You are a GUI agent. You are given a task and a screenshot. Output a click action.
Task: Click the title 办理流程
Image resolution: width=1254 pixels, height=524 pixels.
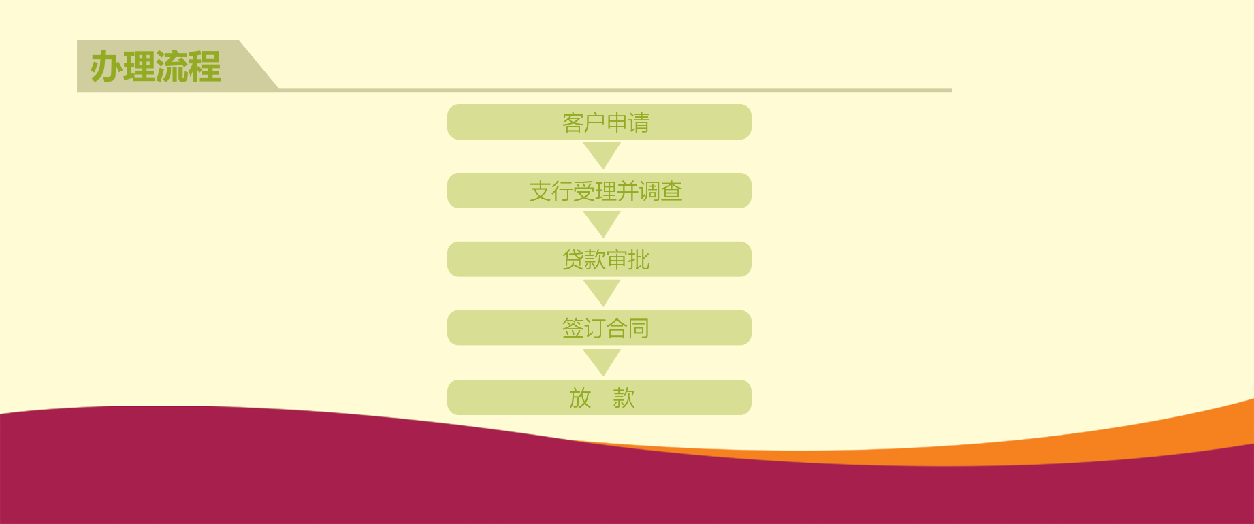coord(155,67)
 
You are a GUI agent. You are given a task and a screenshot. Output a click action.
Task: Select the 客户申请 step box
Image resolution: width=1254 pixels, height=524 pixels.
coord(599,122)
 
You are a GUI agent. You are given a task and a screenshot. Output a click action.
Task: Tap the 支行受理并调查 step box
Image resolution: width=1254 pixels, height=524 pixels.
coord(599,191)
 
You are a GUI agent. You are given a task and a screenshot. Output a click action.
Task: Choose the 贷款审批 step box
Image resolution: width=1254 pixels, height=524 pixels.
coord(599,259)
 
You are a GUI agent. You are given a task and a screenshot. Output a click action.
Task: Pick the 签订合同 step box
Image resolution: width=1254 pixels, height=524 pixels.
coord(599,328)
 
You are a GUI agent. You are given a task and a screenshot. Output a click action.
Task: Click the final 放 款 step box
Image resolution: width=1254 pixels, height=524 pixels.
coord(599,397)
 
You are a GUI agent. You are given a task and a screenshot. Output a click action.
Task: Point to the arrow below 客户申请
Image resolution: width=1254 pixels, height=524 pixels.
coord(602,154)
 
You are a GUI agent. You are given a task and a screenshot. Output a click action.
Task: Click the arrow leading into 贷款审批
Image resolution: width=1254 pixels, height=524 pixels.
coord(602,223)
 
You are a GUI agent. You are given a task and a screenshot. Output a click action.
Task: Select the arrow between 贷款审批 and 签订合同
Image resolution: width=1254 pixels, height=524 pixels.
coord(602,291)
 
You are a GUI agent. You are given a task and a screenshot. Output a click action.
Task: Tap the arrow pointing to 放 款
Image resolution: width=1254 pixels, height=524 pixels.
coord(602,361)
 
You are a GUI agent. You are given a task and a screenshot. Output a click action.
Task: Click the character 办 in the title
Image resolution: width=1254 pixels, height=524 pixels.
coord(106,67)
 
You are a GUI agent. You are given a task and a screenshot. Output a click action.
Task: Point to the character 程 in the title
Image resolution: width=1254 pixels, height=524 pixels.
coord(205,67)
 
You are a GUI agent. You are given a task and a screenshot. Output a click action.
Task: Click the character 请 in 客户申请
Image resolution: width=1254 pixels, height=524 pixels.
coord(639,122)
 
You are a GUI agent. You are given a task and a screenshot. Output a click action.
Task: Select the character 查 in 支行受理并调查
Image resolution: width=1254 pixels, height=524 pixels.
coord(671,191)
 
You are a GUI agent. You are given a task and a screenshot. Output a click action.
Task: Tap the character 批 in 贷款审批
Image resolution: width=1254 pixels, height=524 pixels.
coord(639,260)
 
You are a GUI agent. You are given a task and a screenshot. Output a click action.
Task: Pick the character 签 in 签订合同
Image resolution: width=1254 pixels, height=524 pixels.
coord(573,329)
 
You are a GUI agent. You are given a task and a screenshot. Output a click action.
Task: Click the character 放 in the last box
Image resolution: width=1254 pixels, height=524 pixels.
coord(580,398)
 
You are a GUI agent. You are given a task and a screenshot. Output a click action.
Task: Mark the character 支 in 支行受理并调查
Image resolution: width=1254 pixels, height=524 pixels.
coord(541,191)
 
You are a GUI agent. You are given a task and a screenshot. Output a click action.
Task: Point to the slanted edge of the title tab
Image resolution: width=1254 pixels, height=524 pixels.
coord(259,65)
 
